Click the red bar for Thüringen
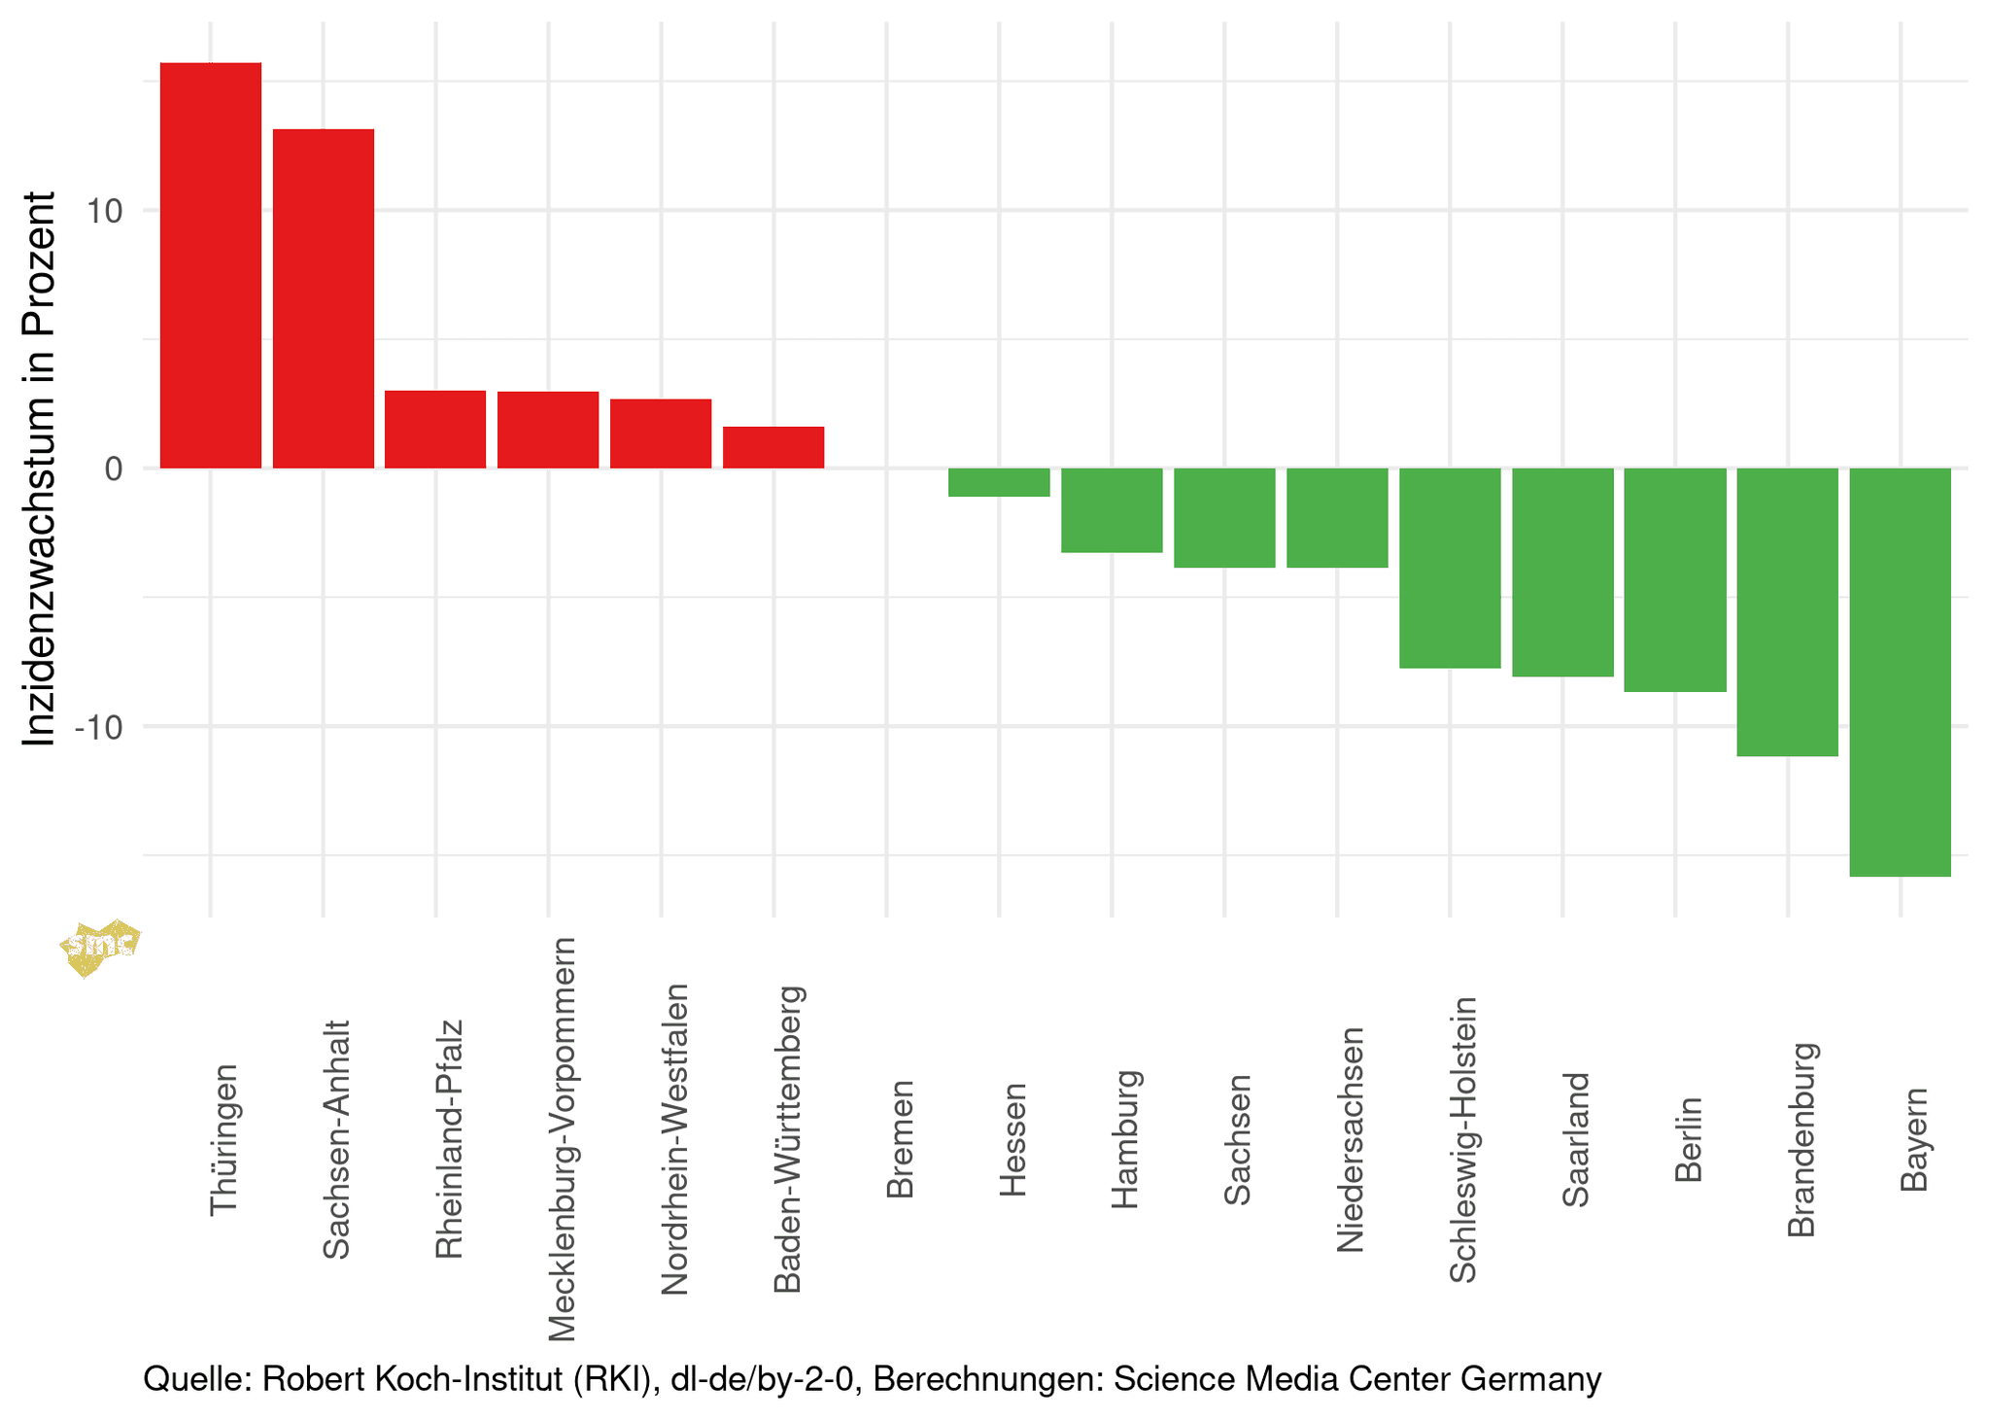(x=210, y=265)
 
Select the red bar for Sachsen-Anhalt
(x=323, y=298)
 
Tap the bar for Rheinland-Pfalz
(x=435, y=430)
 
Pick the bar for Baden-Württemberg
(x=773, y=447)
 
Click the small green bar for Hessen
(x=999, y=482)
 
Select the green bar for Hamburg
(x=1112, y=510)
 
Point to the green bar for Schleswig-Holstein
(x=1450, y=569)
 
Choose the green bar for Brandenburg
(x=1788, y=612)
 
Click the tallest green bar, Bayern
(x=1901, y=673)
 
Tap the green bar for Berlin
(x=1675, y=580)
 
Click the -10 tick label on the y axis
(x=98, y=728)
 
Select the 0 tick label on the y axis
(x=114, y=469)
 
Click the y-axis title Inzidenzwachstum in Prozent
(x=39, y=468)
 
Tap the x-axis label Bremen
(x=901, y=1138)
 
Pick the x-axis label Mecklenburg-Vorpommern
(x=563, y=1139)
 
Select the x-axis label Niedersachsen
(x=1352, y=1139)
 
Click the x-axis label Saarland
(x=1576, y=1139)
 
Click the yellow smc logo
(x=100, y=947)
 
